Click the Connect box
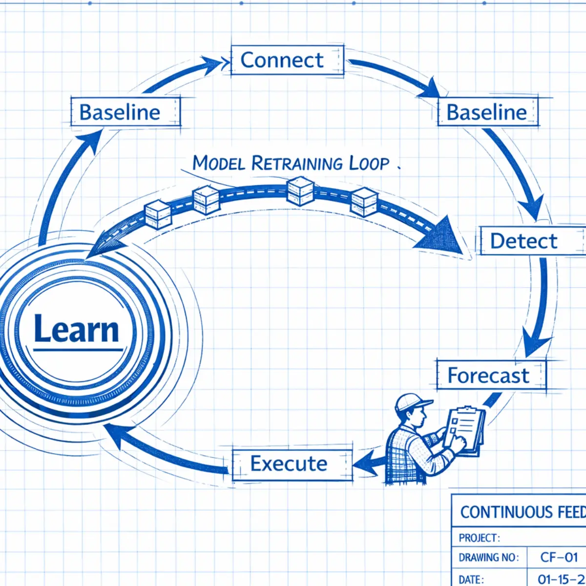click(x=287, y=61)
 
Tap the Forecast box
click(x=490, y=376)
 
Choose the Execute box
click(x=292, y=464)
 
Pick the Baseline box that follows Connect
click(x=487, y=112)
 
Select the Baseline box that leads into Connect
click(x=125, y=112)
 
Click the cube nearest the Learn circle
click(x=158, y=214)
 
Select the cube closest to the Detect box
click(x=364, y=201)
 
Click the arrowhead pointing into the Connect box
click(x=215, y=63)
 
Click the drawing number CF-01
click(x=559, y=557)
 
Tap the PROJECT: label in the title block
click(x=479, y=538)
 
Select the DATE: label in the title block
click(x=471, y=580)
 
